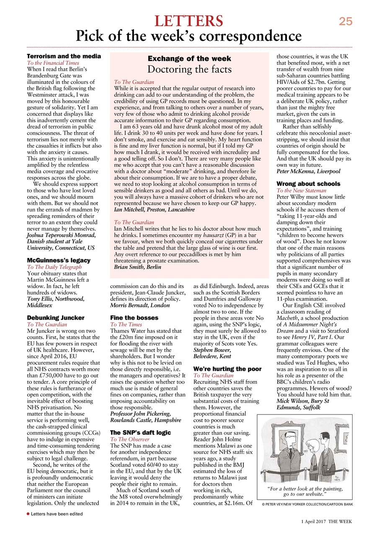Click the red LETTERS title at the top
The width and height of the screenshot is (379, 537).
189,21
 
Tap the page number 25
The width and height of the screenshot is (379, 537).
345,21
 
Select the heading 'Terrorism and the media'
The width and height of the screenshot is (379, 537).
64,56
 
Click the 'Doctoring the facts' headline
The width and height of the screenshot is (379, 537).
189,69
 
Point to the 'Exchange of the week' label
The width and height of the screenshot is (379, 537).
189,58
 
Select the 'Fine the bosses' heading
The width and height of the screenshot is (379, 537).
134,318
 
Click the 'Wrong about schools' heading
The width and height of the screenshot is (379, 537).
308,184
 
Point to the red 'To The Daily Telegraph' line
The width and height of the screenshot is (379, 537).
54,267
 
